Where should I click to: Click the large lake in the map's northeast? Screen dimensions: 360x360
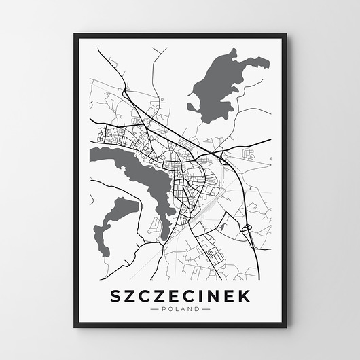pos(221,82)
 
